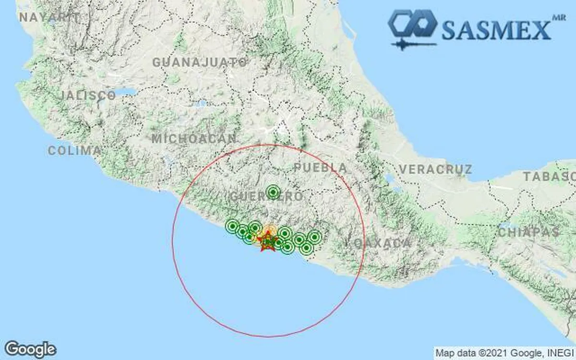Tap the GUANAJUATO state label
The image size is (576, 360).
click(200, 62)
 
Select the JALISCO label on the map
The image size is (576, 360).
click(89, 96)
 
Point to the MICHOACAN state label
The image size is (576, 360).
click(194, 139)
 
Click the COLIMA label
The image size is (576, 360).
click(74, 151)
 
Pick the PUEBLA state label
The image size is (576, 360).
click(320, 168)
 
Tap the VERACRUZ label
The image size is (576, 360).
click(435, 169)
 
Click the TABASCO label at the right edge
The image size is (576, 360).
click(549, 176)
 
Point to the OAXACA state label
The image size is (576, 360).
click(379, 243)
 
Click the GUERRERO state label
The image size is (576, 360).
click(266, 197)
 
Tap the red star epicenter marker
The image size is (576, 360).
click(267, 241)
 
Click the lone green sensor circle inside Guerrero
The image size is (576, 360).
click(273, 192)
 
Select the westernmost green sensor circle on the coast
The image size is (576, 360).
click(232, 226)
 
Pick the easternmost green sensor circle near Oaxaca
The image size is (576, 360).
click(314, 237)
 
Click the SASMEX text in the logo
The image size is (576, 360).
click(496, 30)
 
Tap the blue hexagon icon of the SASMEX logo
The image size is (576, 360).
click(412, 24)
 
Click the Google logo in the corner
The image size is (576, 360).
click(30, 349)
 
